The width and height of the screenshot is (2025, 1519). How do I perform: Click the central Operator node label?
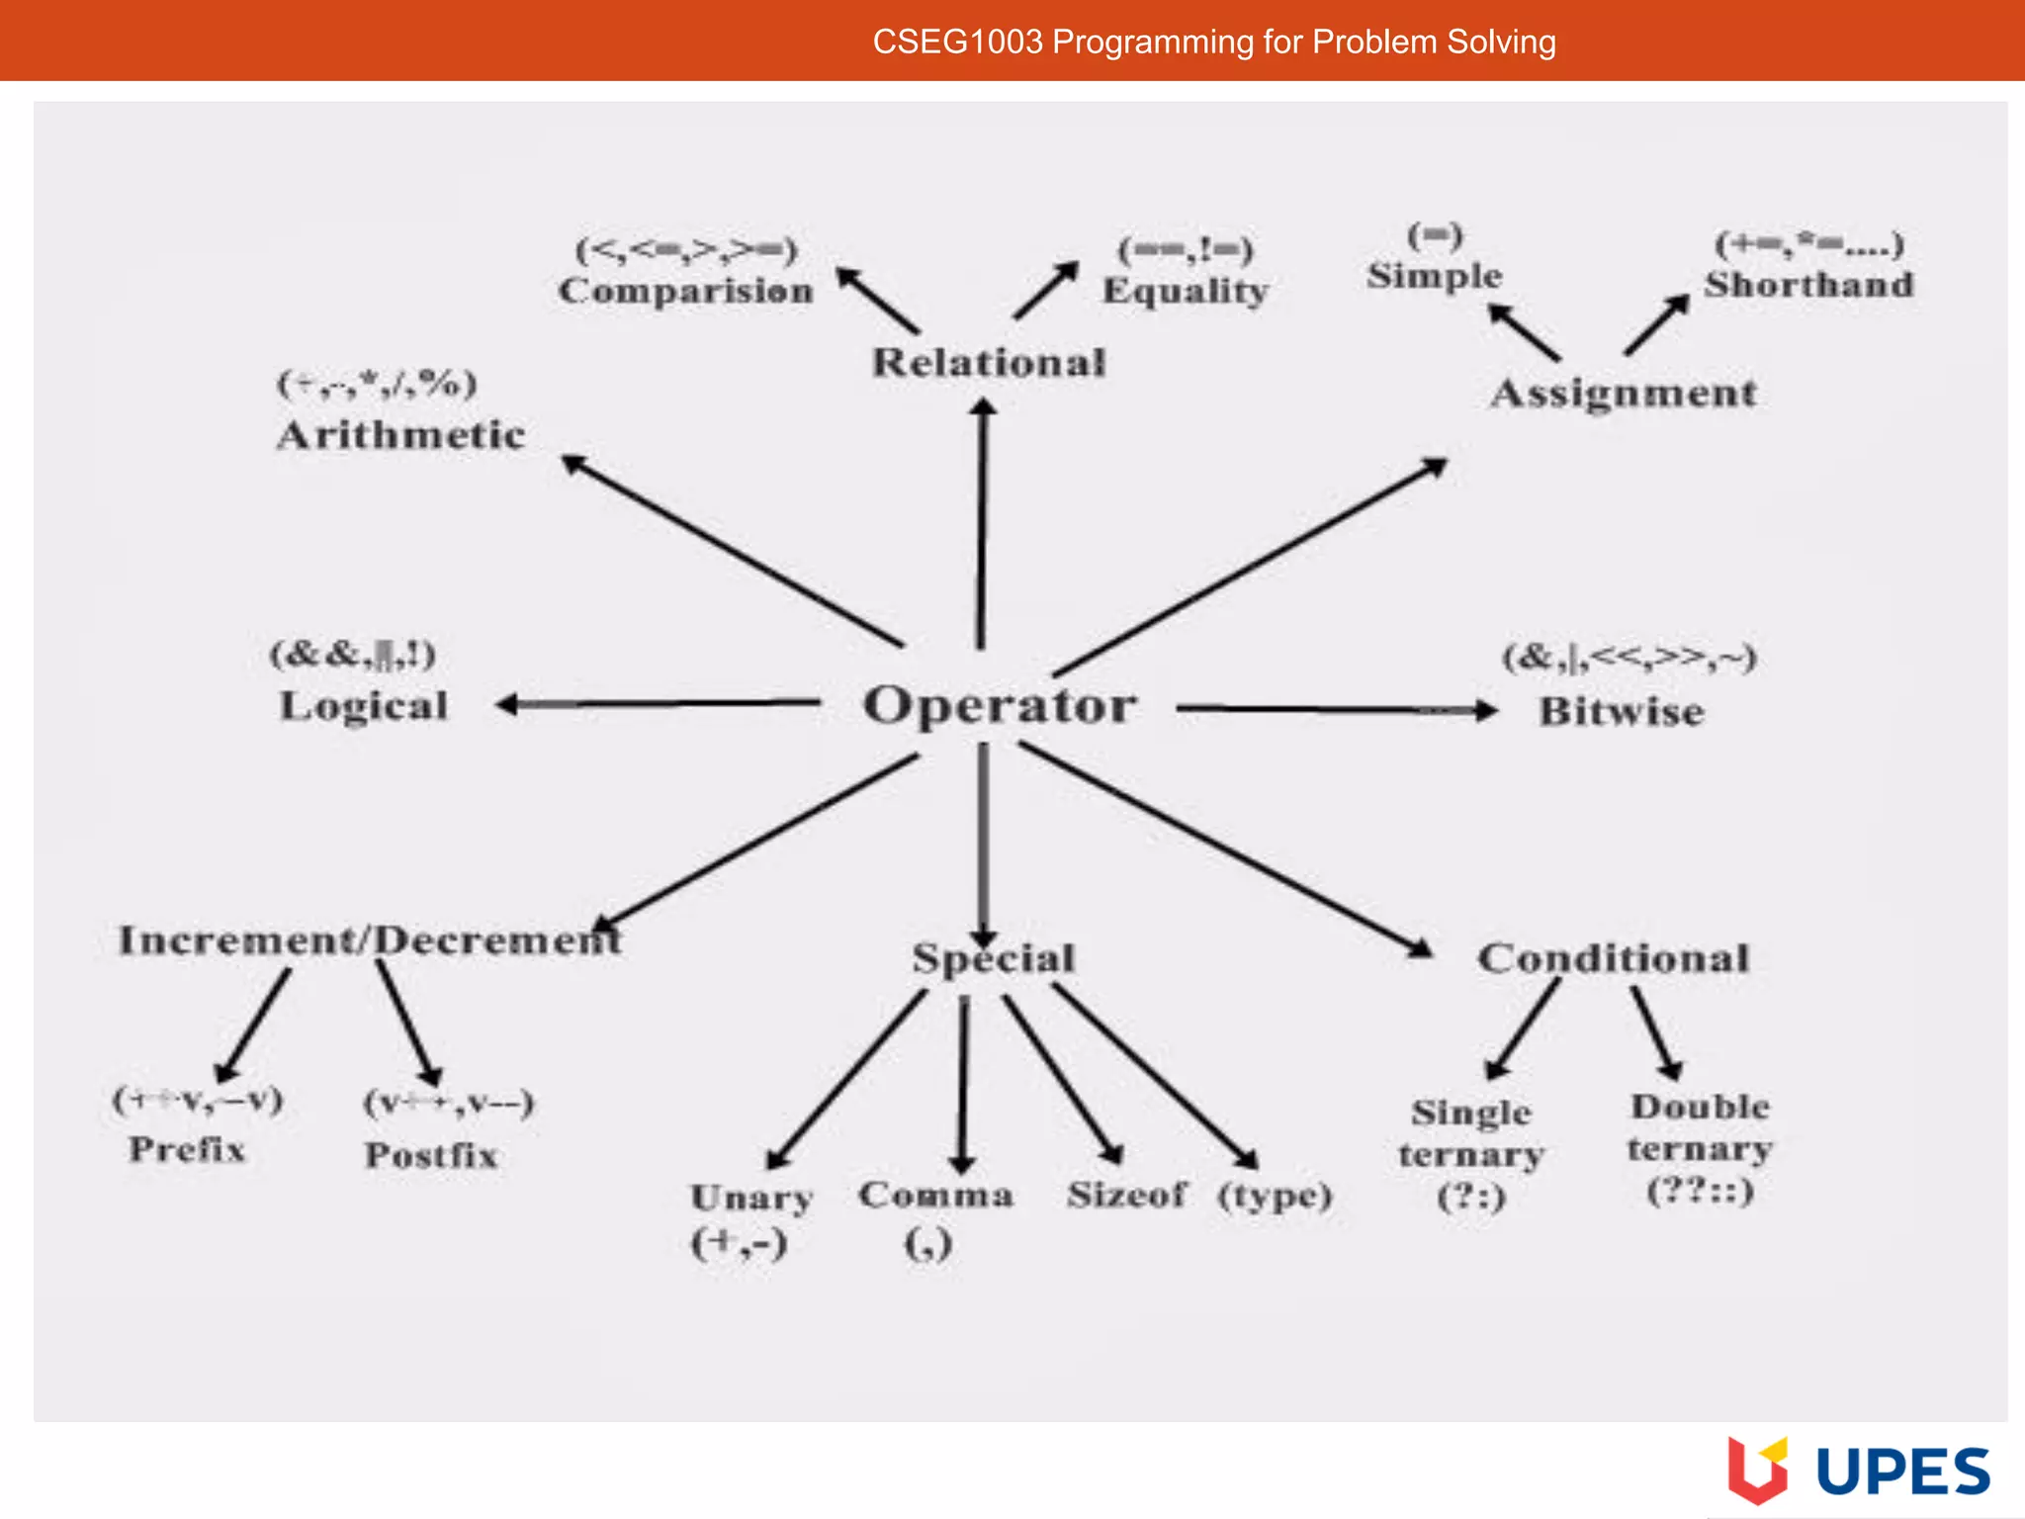pos(1000,706)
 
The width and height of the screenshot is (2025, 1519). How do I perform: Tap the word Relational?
pos(988,363)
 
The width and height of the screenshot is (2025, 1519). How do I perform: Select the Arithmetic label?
pos(400,435)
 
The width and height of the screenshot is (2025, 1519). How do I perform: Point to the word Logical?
pos(364,706)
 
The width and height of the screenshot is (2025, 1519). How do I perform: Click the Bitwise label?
pos(1622,712)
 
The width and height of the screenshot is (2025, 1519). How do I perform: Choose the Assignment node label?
pos(1624,394)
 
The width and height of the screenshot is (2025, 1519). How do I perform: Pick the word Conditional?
pos(1613,958)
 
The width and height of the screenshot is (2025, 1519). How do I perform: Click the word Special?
pos(993,958)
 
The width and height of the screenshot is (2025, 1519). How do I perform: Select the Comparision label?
pos(685,291)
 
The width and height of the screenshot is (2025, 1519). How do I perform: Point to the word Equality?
pos(1185,291)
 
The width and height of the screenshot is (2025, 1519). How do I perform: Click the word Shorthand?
pos(1808,285)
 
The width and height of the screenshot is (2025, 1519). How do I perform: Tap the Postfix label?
pos(431,1155)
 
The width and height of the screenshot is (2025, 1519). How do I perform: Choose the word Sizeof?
pos(1126,1195)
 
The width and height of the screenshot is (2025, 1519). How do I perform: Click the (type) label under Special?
pos(1275,1196)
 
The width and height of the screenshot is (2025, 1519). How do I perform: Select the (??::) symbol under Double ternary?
pos(1700,1191)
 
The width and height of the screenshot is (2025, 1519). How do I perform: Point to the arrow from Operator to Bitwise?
pos(1335,709)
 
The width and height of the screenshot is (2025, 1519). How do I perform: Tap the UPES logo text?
pos(1902,1472)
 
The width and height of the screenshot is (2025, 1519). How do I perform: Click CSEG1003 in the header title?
pos(957,42)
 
